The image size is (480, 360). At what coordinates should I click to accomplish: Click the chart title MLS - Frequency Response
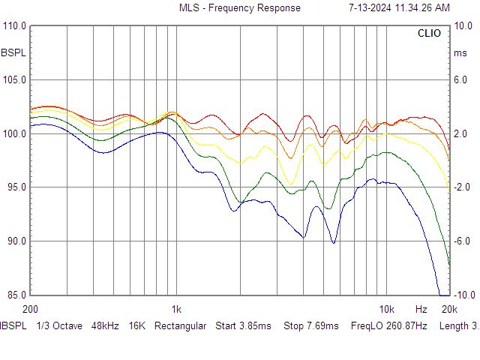(239, 8)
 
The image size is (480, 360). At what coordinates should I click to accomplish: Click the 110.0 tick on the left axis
(15, 26)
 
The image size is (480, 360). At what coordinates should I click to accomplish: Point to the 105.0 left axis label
(15, 80)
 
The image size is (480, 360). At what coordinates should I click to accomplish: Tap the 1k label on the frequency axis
(176, 309)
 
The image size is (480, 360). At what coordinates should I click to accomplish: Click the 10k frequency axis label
(386, 309)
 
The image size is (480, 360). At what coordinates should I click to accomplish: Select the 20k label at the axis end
(448, 309)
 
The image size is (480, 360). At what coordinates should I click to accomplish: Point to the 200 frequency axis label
(31, 309)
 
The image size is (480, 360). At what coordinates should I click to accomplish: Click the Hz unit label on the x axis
(421, 309)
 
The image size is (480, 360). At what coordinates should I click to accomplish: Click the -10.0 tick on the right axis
(463, 295)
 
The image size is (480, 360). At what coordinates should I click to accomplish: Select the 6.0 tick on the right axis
(460, 80)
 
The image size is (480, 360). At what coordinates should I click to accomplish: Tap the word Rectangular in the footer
(180, 326)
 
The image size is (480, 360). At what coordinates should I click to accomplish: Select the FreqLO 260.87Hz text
(388, 326)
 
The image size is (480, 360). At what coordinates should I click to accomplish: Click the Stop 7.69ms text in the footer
(311, 326)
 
